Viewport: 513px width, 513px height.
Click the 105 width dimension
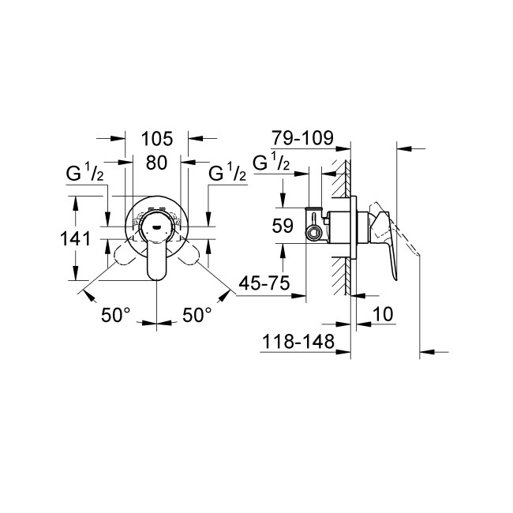pos(157,140)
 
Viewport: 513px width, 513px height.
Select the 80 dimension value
pos(157,165)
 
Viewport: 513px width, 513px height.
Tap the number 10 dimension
pos(382,314)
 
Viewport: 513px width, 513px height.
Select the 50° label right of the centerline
pos(197,315)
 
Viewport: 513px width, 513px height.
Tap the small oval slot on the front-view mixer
pos(156,223)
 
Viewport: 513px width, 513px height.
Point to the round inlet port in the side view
pos(314,232)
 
